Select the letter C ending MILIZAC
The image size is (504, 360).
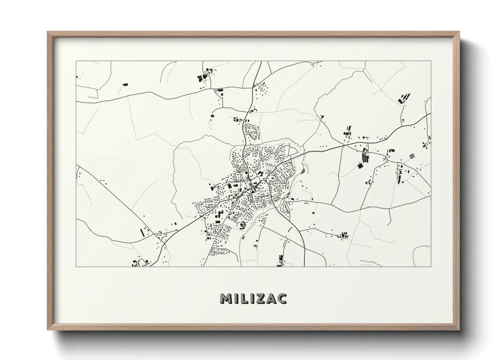click(281, 298)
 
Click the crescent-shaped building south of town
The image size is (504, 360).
click(242, 225)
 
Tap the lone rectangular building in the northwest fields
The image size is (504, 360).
click(125, 84)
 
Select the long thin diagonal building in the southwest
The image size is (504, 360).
click(142, 233)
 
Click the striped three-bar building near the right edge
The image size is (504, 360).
click(412, 156)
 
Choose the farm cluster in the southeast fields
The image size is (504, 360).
click(344, 235)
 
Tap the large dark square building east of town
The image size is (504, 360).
click(360, 166)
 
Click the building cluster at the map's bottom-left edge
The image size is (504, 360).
click(136, 263)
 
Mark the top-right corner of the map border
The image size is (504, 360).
click(431, 61)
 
